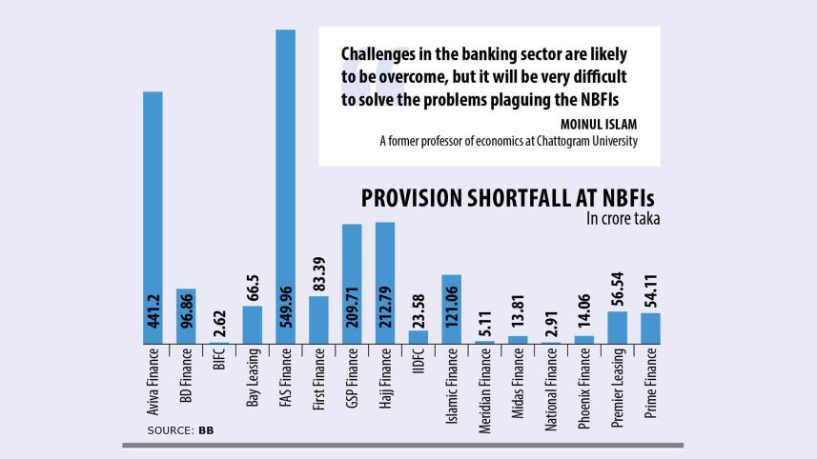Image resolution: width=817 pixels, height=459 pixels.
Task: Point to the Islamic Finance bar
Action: pos(451,309)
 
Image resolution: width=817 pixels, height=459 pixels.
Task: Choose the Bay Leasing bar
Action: pos(253,324)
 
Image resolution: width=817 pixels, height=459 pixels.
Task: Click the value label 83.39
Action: pos(318,274)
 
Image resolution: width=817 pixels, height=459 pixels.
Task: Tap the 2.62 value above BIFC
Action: pos(219,320)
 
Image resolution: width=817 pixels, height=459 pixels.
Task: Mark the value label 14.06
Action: pos(584,314)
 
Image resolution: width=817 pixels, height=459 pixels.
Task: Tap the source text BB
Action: pos(205,431)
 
